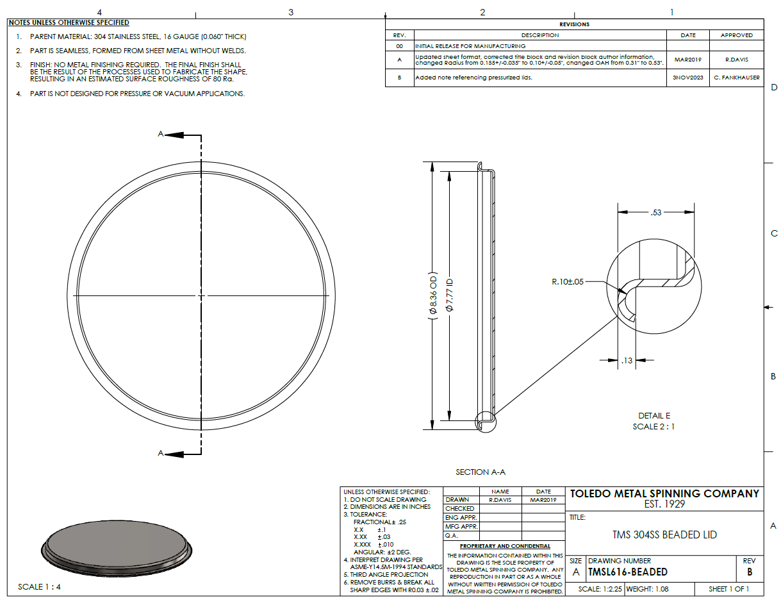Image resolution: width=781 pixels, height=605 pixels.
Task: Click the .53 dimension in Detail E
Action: click(x=655, y=212)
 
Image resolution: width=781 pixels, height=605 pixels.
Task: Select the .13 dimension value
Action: click(x=627, y=360)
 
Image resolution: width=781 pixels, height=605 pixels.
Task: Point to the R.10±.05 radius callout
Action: click(x=567, y=281)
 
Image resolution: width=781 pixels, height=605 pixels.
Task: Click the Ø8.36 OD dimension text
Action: click(x=433, y=295)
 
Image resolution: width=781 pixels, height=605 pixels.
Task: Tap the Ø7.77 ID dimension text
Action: click(x=449, y=295)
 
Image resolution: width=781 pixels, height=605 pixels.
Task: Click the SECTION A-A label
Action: click(x=480, y=472)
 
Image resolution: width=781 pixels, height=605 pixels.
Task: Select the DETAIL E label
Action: click(x=654, y=415)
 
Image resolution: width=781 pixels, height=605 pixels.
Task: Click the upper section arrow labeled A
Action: click(x=174, y=135)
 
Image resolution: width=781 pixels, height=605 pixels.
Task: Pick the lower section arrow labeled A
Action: click(x=174, y=454)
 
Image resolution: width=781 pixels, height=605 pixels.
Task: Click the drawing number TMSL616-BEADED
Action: click(x=627, y=572)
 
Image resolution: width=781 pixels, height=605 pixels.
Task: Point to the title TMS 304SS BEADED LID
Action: click(x=664, y=535)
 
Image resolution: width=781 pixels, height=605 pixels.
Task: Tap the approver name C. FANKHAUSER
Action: click(x=736, y=78)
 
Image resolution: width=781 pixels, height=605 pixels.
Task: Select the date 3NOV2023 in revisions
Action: click(x=687, y=78)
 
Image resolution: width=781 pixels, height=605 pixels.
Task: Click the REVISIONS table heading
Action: click(x=574, y=24)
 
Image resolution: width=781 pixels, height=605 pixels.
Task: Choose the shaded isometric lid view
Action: click(x=117, y=548)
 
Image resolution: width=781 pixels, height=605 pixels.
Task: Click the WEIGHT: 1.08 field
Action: click(x=647, y=589)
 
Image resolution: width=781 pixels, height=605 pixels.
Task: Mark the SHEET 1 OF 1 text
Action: click(x=728, y=589)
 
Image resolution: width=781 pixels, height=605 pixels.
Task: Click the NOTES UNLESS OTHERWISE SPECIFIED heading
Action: click(x=69, y=22)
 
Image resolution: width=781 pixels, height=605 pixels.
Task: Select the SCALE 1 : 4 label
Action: click(x=39, y=586)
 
